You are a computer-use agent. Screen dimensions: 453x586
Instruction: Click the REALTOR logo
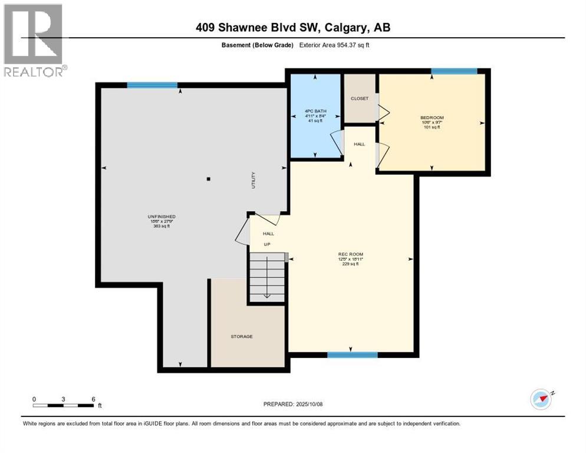click(x=34, y=40)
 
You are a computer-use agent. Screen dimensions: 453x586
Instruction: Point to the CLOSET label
click(x=360, y=99)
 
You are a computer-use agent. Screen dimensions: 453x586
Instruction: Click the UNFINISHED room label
click(x=162, y=216)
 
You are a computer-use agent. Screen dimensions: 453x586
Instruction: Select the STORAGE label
click(x=242, y=336)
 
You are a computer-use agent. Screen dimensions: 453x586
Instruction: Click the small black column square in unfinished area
click(x=208, y=178)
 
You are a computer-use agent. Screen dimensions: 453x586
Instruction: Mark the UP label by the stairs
click(x=266, y=244)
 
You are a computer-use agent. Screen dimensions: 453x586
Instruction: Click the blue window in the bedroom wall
click(x=453, y=71)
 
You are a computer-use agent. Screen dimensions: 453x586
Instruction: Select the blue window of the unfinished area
click(x=152, y=85)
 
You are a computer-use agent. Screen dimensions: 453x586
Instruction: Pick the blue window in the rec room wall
click(x=352, y=354)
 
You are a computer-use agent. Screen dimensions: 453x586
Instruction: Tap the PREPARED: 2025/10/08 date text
click(x=292, y=404)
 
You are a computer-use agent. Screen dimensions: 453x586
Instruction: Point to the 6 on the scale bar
click(x=94, y=399)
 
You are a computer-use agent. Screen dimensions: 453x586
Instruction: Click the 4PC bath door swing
click(x=336, y=141)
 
